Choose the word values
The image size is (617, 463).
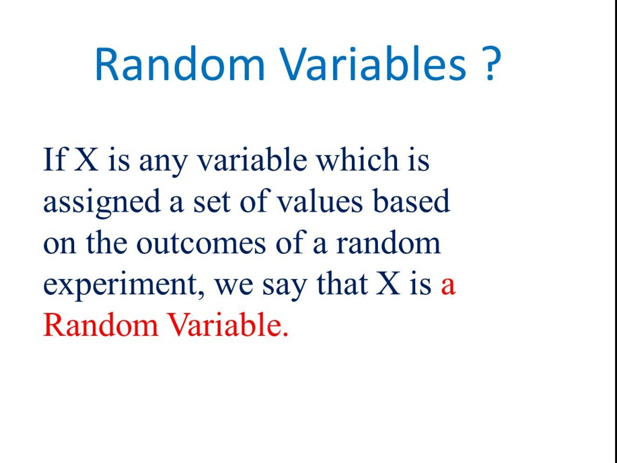[320, 202]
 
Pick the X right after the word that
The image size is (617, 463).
[389, 285]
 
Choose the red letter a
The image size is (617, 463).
[448, 286]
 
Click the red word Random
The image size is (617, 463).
[100, 326]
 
